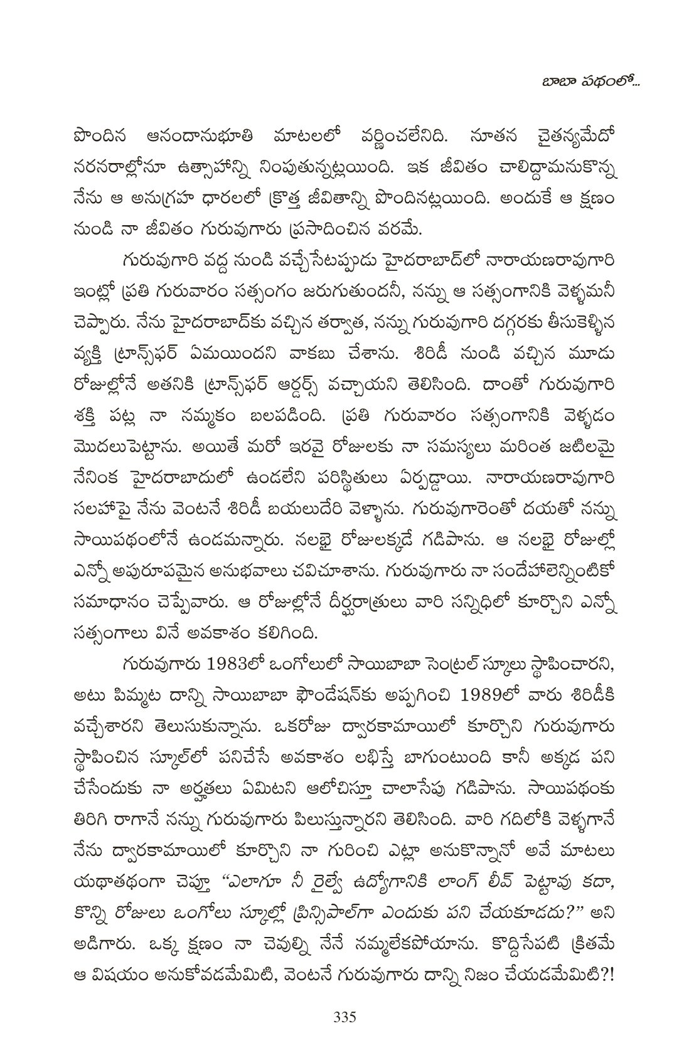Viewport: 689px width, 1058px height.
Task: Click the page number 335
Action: click(x=344, y=1015)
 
